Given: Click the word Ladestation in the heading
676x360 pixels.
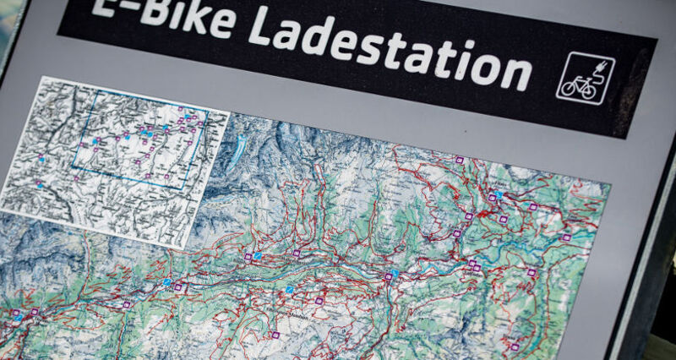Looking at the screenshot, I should click(x=389, y=46).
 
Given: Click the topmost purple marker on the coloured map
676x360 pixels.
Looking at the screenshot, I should click(x=460, y=158).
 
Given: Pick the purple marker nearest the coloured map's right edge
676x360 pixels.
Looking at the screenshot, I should click(x=565, y=237).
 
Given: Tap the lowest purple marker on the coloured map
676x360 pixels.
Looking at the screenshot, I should click(x=275, y=335).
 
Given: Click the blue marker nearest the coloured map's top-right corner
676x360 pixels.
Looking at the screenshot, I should click(x=499, y=194).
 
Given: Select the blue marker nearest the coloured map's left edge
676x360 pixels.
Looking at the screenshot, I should click(x=168, y=282).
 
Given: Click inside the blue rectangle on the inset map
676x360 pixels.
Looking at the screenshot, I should click(x=139, y=139).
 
